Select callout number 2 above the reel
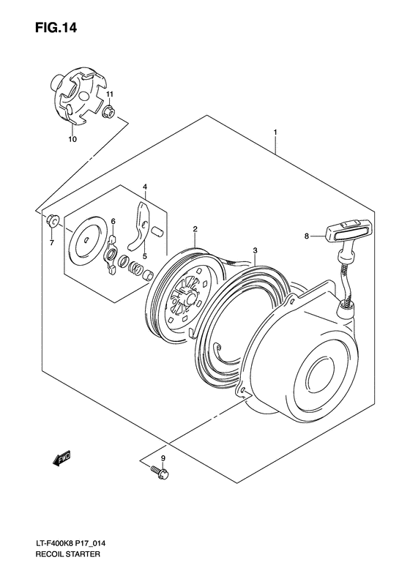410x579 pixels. point(195,229)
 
